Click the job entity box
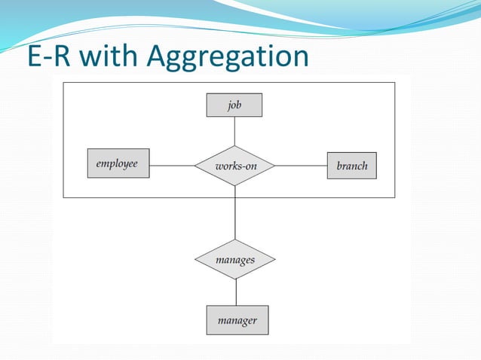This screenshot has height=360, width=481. [x=234, y=105]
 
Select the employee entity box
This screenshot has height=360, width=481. [x=118, y=163]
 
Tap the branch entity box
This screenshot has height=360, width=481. [x=351, y=165]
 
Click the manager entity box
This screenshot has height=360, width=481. [x=237, y=320]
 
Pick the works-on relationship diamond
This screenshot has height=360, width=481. [x=234, y=165]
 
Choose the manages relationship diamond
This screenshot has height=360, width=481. [x=235, y=260]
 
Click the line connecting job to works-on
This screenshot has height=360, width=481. [x=234, y=131]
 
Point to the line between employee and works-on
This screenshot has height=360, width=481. [x=172, y=165]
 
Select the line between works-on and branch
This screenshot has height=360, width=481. [x=301, y=165]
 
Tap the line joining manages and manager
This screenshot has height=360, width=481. [x=236, y=292]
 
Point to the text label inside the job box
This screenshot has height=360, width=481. [x=234, y=105]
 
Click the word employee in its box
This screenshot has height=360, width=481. [x=117, y=163]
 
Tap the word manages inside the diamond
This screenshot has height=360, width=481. [x=235, y=260]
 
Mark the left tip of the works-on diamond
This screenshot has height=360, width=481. [x=195, y=165]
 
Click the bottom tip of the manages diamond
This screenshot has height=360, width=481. [x=236, y=279]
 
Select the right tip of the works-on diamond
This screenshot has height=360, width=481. [x=275, y=165]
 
